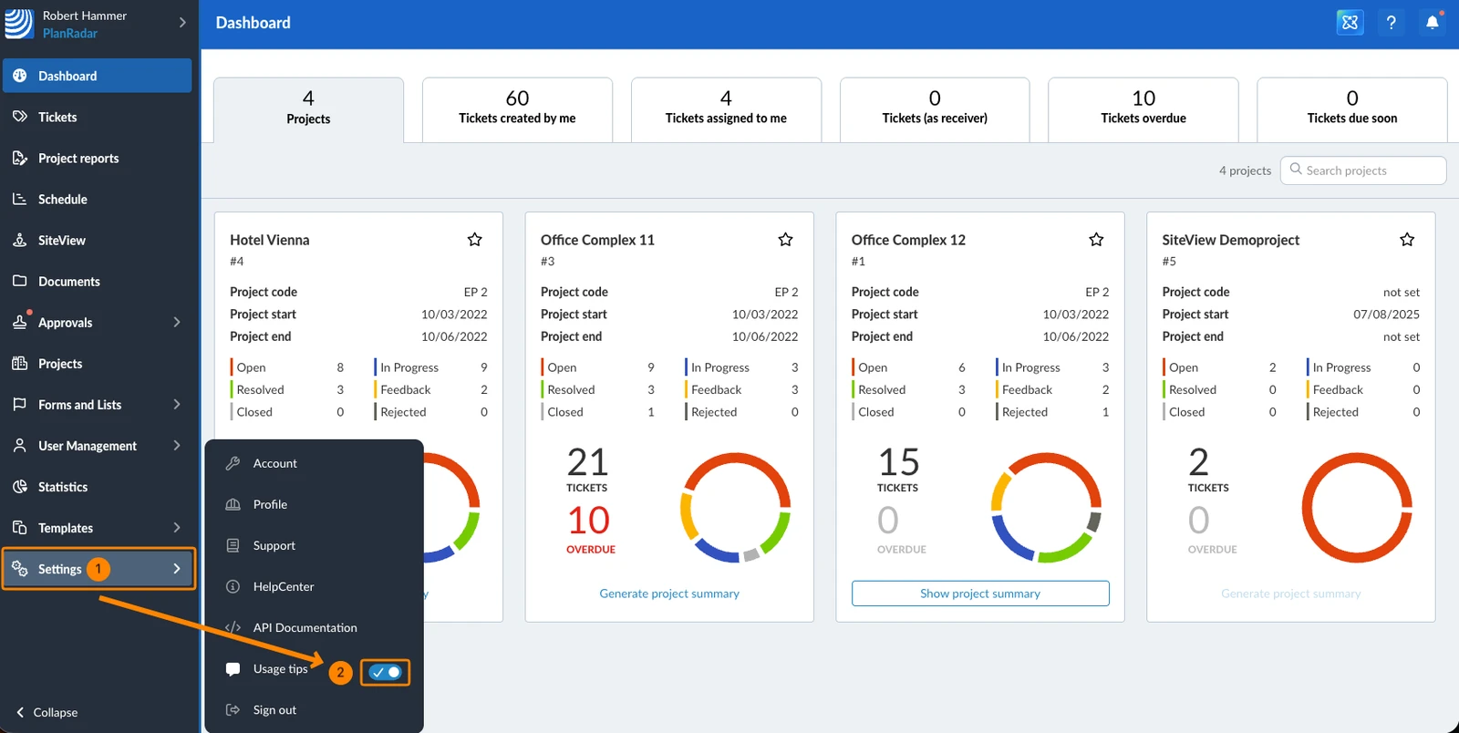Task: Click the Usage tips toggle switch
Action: (x=386, y=672)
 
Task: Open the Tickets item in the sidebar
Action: (x=57, y=118)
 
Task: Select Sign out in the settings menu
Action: (x=274, y=709)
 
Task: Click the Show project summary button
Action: (x=980, y=593)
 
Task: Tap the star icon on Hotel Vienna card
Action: (x=475, y=240)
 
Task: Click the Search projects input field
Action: (x=1363, y=170)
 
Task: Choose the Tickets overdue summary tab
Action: (x=1143, y=109)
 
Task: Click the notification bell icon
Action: (x=1433, y=23)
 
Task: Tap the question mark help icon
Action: (x=1392, y=23)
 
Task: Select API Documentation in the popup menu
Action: (x=305, y=627)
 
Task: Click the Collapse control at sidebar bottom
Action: (x=47, y=712)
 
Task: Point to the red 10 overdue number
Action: (x=589, y=521)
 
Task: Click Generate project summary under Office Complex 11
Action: (x=669, y=593)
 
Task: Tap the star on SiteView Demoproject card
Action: (x=1407, y=240)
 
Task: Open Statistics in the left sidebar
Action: (x=63, y=487)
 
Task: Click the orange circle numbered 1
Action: (x=98, y=569)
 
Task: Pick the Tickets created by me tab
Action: (x=517, y=109)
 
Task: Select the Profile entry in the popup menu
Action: (x=270, y=504)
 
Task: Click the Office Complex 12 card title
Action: (x=908, y=240)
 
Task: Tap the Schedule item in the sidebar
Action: (x=63, y=199)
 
